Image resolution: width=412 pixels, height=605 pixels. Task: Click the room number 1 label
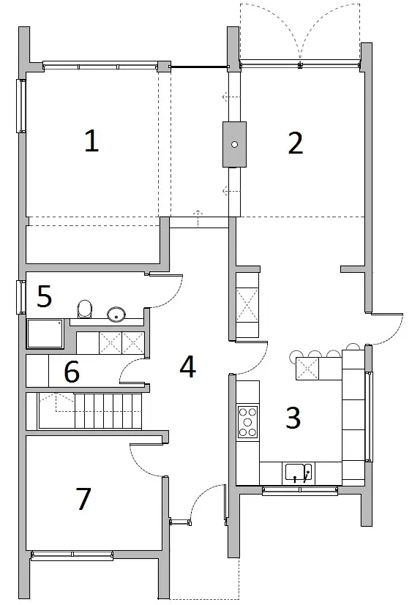(x=91, y=141)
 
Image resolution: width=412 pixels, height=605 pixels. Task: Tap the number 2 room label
(x=296, y=143)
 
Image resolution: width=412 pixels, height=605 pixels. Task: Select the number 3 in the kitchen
(x=293, y=418)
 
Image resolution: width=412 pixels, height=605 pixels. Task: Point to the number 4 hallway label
(x=188, y=367)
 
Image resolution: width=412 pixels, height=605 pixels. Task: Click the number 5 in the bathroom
(x=45, y=296)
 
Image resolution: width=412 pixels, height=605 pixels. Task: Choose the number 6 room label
(x=72, y=372)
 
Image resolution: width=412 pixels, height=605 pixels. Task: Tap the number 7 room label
(x=83, y=498)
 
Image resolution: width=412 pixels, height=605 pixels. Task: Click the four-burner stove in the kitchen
(x=247, y=421)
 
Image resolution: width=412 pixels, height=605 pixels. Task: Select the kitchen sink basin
(x=299, y=473)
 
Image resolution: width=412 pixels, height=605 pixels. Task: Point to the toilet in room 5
(x=86, y=309)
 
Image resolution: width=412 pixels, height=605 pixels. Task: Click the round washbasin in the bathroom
(x=116, y=315)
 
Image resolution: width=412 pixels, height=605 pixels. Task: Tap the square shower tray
(x=45, y=334)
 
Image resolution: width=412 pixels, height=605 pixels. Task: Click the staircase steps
(x=108, y=410)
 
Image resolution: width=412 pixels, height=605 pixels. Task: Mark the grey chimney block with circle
(x=234, y=145)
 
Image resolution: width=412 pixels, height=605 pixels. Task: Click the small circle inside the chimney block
(x=234, y=145)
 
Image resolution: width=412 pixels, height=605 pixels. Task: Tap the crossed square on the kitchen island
(x=307, y=369)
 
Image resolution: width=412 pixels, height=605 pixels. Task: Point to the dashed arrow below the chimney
(x=230, y=191)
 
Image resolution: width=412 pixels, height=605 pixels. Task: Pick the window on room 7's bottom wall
(x=72, y=555)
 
